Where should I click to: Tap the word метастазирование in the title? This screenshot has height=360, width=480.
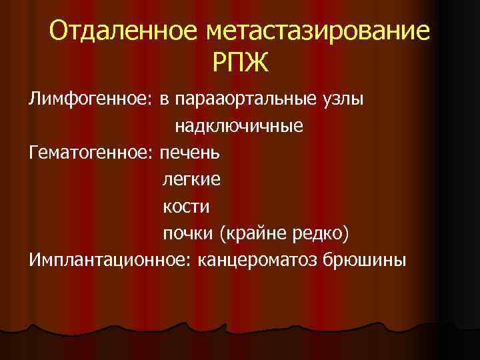pyautogui.click(x=319, y=31)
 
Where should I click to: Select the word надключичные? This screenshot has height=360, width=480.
pyautogui.click(x=239, y=126)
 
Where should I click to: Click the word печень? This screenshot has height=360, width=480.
pyautogui.click(x=193, y=153)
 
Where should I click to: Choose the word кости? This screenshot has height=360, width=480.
pyautogui.click(x=186, y=206)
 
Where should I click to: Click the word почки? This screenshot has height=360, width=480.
pyautogui.click(x=187, y=233)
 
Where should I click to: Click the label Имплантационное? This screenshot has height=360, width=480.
pyautogui.click(x=110, y=259)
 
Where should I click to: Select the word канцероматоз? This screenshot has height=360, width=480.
pyautogui.click(x=256, y=259)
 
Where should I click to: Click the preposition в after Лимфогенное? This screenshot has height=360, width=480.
pyautogui.click(x=163, y=101)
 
